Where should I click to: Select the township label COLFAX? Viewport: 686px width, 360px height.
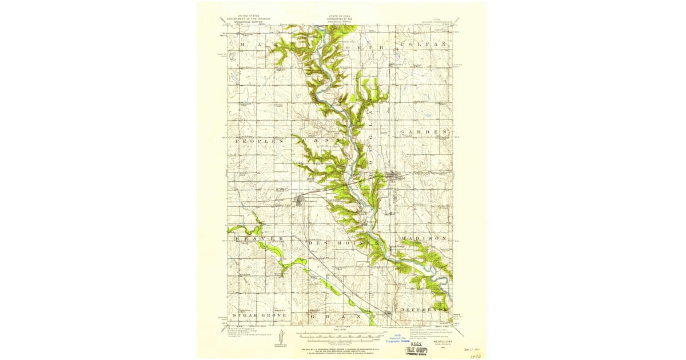422,44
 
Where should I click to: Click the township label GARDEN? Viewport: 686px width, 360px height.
422,132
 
